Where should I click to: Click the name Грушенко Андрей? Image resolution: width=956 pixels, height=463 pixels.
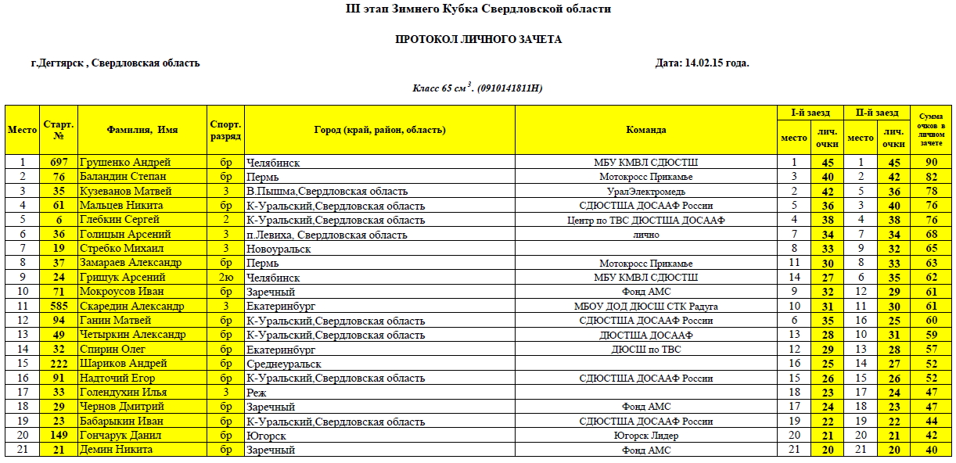(125, 163)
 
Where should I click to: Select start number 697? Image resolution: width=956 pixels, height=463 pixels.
(59, 163)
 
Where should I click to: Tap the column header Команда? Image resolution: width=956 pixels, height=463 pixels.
(646, 130)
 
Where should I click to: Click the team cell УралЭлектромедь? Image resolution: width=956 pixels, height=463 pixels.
(646, 192)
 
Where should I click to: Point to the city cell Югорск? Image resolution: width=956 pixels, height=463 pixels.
(266, 436)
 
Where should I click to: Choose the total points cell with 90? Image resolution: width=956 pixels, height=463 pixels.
(931, 163)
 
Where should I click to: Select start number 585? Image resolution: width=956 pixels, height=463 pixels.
(59, 306)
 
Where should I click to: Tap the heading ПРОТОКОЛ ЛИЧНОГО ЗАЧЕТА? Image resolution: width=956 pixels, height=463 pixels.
(478, 39)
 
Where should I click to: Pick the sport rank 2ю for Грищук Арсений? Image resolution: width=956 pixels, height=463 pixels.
(226, 278)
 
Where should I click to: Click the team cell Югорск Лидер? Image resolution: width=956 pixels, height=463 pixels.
(646, 436)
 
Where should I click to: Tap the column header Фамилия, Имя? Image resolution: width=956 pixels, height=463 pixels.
(142, 130)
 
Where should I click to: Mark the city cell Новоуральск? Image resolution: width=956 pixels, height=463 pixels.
(279, 249)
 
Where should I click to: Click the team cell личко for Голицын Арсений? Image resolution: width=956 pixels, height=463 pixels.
(646, 235)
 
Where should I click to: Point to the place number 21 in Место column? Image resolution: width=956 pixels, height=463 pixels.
(22, 450)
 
